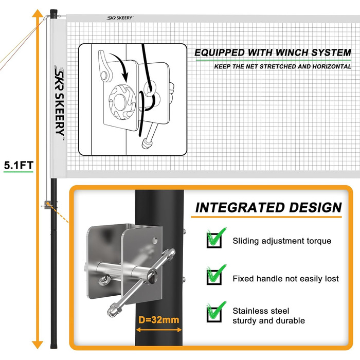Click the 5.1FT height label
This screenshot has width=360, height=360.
[x=19, y=165]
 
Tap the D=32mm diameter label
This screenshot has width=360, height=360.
[x=158, y=319]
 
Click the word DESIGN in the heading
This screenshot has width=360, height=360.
[x=315, y=208]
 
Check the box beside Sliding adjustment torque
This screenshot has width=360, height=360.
[x=214, y=240]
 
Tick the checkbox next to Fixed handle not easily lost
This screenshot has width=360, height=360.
[x=214, y=277]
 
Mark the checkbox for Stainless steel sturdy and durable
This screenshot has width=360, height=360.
[x=214, y=314]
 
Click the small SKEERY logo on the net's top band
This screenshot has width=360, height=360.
[x=120, y=18]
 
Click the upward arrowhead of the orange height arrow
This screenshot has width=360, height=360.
[x=38, y=13]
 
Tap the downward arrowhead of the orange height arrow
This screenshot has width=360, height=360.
[x=38, y=345]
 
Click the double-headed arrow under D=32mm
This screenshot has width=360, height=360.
[x=159, y=330]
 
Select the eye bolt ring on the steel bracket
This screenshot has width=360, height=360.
[x=104, y=281]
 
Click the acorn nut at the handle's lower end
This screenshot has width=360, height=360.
[x=112, y=310]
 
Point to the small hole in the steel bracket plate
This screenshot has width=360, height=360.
[x=155, y=240]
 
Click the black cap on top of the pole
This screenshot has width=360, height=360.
[x=53, y=13]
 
